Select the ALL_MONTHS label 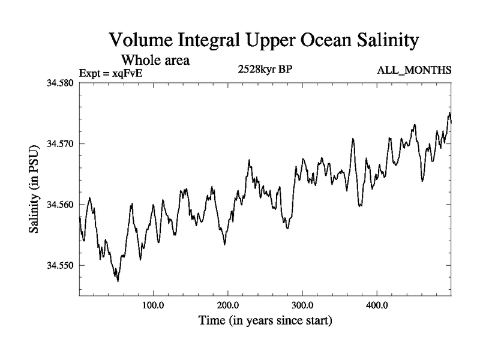click(x=414, y=71)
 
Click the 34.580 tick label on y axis click(x=60, y=83)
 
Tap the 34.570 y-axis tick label click(x=60, y=144)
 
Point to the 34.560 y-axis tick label click(x=60, y=205)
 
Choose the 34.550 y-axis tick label click(x=60, y=265)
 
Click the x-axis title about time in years click(x=265, y=321)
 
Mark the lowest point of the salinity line click(x=118, y=281)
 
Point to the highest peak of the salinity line click(x=449, y=113)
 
